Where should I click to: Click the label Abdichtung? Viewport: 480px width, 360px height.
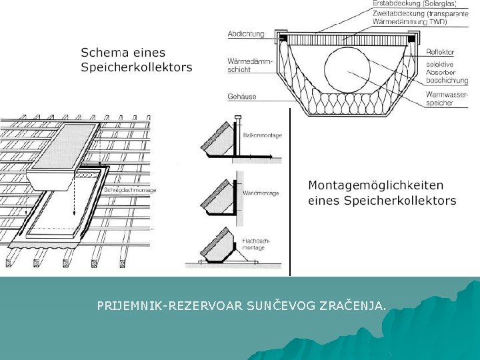(246, 34)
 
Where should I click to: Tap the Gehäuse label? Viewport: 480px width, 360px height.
(242, 97)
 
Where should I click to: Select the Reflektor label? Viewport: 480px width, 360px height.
(441, 52)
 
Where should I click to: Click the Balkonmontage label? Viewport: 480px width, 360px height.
(262, 135)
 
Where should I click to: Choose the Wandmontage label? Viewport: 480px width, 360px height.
(261, 193)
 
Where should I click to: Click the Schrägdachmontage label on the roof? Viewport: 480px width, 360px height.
(131, 190)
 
